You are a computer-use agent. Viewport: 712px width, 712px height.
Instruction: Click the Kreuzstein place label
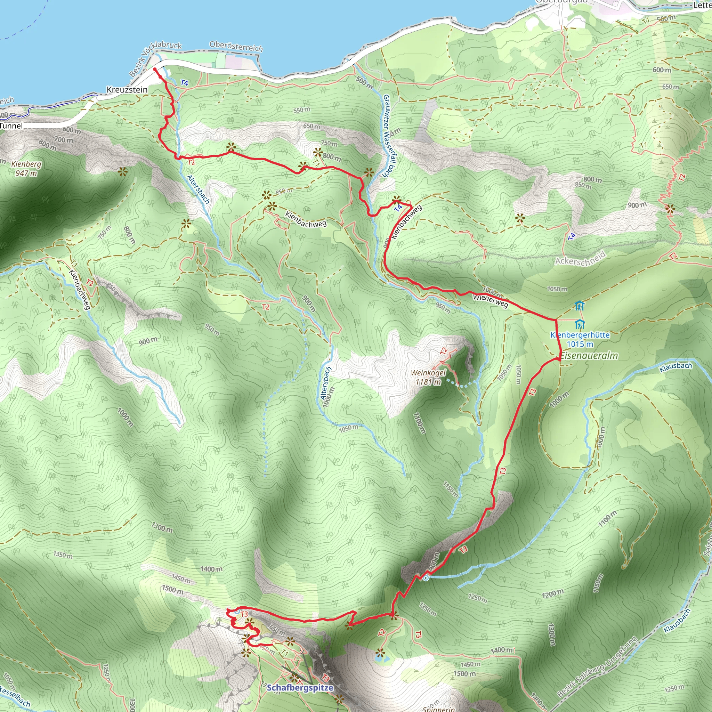pos(127,90)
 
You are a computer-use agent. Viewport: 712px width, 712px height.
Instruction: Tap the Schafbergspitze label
pos(300,688)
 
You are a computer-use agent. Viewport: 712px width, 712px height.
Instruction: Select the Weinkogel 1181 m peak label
pos(428,377)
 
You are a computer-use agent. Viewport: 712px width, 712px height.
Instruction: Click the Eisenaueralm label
pos(589,356)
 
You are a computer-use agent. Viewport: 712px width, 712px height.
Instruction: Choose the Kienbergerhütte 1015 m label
pos(580,339)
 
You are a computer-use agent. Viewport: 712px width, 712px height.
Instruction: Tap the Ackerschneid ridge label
pos(581,258)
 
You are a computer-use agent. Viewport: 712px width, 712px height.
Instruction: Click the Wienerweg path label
pos(491,301)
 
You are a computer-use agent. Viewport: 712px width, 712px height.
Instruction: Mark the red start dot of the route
pos(155,69)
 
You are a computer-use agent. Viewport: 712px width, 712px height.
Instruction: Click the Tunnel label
pos(11,126)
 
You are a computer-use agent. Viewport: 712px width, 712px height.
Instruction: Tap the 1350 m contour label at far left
pos(63,555)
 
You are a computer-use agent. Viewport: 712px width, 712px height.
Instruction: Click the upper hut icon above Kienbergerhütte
pos(579,306)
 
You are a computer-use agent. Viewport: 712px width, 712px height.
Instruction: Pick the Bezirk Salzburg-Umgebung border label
pos(597,667)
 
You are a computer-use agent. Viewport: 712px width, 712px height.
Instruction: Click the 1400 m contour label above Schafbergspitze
pos(211,569)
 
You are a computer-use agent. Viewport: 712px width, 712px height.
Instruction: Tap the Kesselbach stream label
pos(15,696)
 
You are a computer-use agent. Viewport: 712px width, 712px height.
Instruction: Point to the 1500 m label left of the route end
pos(172,589)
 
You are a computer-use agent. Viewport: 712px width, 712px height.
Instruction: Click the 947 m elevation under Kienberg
pos(26,173)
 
